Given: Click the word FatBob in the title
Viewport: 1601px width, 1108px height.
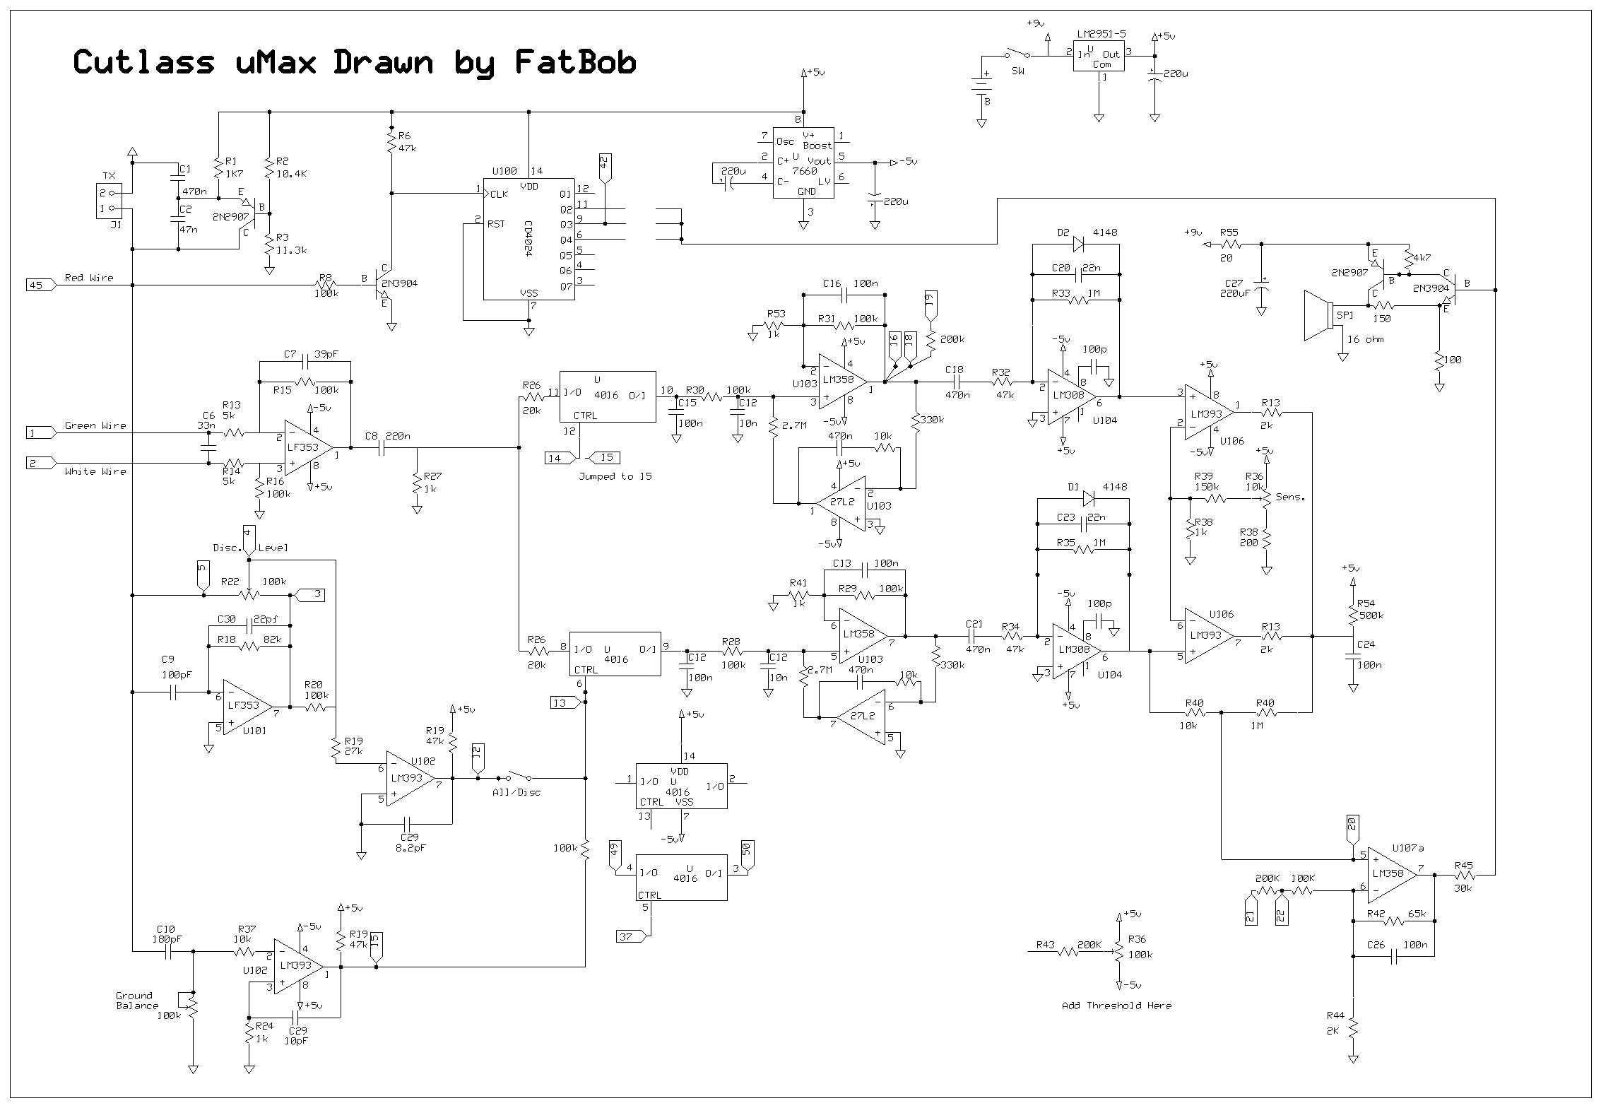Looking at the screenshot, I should click(x=574, y=62).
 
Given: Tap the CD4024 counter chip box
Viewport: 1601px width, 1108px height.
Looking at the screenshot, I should click(x=528, y=239).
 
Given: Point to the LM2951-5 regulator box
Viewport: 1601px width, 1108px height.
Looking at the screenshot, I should click(x=1098, y=56).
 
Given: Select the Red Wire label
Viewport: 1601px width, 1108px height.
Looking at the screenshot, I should click(x=89, y=278).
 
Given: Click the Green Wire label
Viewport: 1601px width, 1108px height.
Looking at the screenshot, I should click(x=95, y=425).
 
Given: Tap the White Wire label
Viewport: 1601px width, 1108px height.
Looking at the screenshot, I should click(x=95, y=471).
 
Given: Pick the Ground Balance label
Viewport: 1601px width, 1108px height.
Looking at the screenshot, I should click(x=136, y=1001).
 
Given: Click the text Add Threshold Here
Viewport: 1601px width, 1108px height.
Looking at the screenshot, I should click(x=1116, y=1006).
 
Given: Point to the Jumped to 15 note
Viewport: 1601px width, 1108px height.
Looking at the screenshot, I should click(x=615, y=476).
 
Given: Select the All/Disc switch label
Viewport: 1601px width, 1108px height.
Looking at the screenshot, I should click(x=516, y=792).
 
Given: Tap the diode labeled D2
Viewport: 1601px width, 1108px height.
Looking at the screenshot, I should click(x=1077, y=244).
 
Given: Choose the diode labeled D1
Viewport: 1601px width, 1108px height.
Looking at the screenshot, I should click(x=1088, y=499).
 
